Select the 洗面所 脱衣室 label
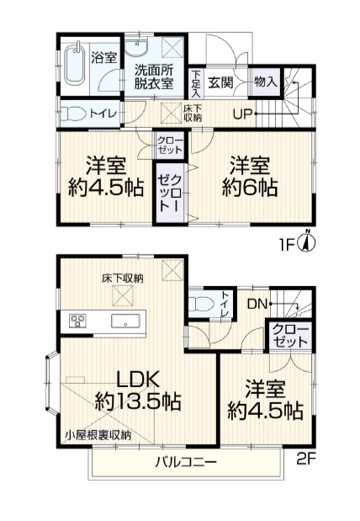coord(153,77)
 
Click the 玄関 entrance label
coord(221,82)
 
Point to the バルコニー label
coord(187,462)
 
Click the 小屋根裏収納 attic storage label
coord(98,434)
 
